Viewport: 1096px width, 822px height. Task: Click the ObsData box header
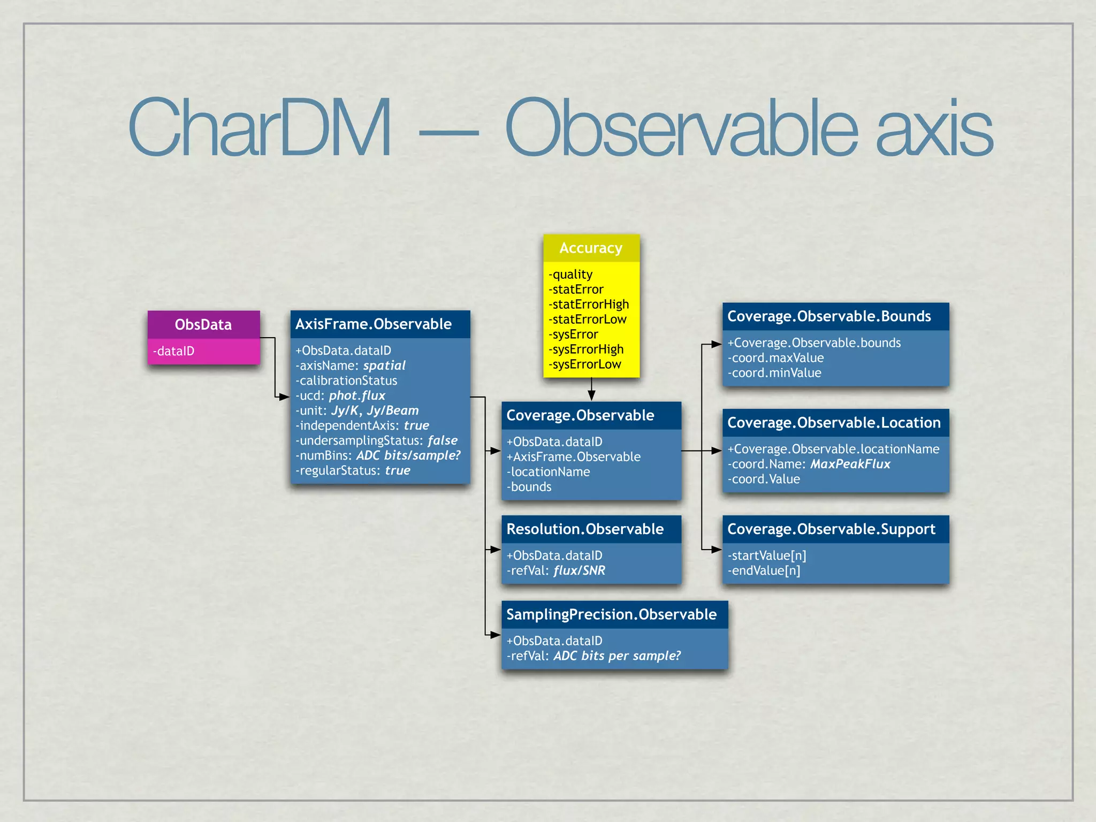point(203,324)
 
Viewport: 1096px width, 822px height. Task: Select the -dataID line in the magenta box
point(174,351)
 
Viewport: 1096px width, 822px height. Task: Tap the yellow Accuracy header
point(591,248)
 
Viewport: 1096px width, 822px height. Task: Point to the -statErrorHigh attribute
point(589,305)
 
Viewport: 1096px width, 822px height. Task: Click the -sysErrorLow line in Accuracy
point(585,364)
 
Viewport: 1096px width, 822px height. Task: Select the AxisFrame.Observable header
point(374,324)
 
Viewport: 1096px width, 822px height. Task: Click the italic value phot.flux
point(357,395)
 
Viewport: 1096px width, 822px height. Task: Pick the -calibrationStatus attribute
point(346,380)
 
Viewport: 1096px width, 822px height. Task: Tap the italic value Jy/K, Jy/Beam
point(375,410)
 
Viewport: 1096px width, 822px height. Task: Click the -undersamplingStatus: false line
point(377,440)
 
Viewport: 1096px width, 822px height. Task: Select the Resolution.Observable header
point(585,529)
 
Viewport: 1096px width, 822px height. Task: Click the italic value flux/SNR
point(580,570)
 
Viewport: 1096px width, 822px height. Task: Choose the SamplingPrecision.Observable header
point(611,614)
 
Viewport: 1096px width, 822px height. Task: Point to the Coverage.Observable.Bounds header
point(829,316)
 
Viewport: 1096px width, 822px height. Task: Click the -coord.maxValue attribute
point(775,358)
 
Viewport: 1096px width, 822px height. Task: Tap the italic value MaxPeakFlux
point(850,464)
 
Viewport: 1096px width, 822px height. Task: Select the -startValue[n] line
point(767,555)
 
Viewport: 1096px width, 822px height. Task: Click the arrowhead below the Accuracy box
point(591,395)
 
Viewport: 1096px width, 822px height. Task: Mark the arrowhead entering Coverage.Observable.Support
point(717,549)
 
